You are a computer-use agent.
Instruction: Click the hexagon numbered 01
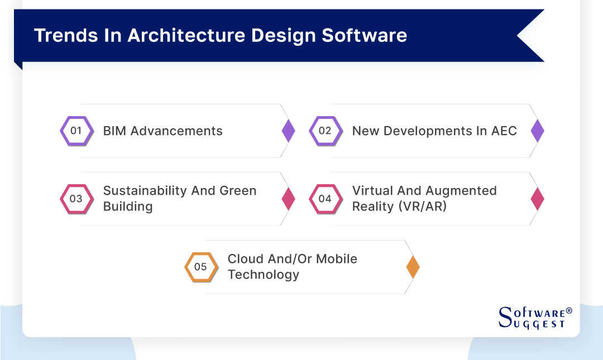point(76,131)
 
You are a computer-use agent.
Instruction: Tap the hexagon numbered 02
point(325,131)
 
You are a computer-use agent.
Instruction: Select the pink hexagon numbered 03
point(76,199)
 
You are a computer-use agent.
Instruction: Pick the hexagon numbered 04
point(325,199)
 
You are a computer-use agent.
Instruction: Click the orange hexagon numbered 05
point(200,267)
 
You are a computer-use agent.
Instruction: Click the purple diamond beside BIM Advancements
point(288,131)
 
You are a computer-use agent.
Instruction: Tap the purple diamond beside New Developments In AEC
point(537,131)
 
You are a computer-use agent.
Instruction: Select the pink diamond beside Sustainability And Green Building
point(288,199)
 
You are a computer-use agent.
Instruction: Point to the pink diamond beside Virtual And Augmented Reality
point(537,199)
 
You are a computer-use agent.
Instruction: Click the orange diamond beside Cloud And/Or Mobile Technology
point(413,267)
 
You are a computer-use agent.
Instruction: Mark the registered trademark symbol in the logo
point(569,310)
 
